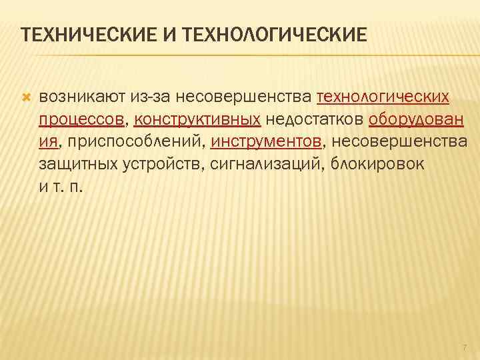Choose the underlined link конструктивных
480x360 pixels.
tap(197, 120)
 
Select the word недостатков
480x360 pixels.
tap(315, 120)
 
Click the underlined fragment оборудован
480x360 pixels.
tap(417, 120)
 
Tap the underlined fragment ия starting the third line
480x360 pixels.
tap(47, 142)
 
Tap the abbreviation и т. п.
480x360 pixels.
tap(61, 186)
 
